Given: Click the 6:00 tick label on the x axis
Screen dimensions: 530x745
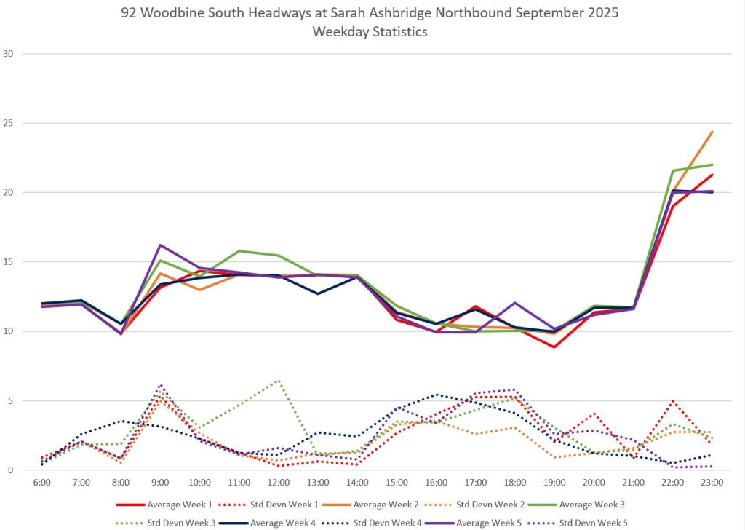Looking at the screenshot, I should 41,482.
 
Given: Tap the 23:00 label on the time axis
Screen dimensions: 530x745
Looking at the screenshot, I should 712,482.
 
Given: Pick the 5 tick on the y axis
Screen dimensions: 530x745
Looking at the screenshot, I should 9,400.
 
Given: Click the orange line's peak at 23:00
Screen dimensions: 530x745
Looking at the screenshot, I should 712,132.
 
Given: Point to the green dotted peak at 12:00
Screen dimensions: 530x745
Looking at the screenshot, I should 279,380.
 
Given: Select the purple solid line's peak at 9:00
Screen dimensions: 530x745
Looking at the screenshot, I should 160,245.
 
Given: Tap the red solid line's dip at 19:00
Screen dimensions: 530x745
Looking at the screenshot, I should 554,347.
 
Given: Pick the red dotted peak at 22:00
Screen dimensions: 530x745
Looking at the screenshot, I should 673,400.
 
